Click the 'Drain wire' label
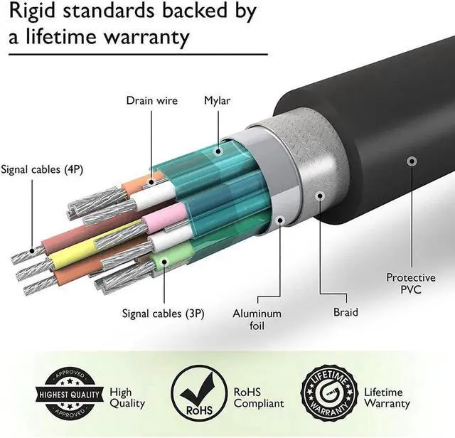(x=151, y=100)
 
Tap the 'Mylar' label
(x=218, y=100)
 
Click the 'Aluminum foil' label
(x=257, y=319)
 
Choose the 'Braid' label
(x=346, y=312)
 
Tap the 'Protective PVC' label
(x=410, y=283)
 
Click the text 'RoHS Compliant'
(x=258, y=397)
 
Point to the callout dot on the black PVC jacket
(x=411, y=162)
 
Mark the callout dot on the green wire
(x=164, y=261)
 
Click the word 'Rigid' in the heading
(x=31, y=13)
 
